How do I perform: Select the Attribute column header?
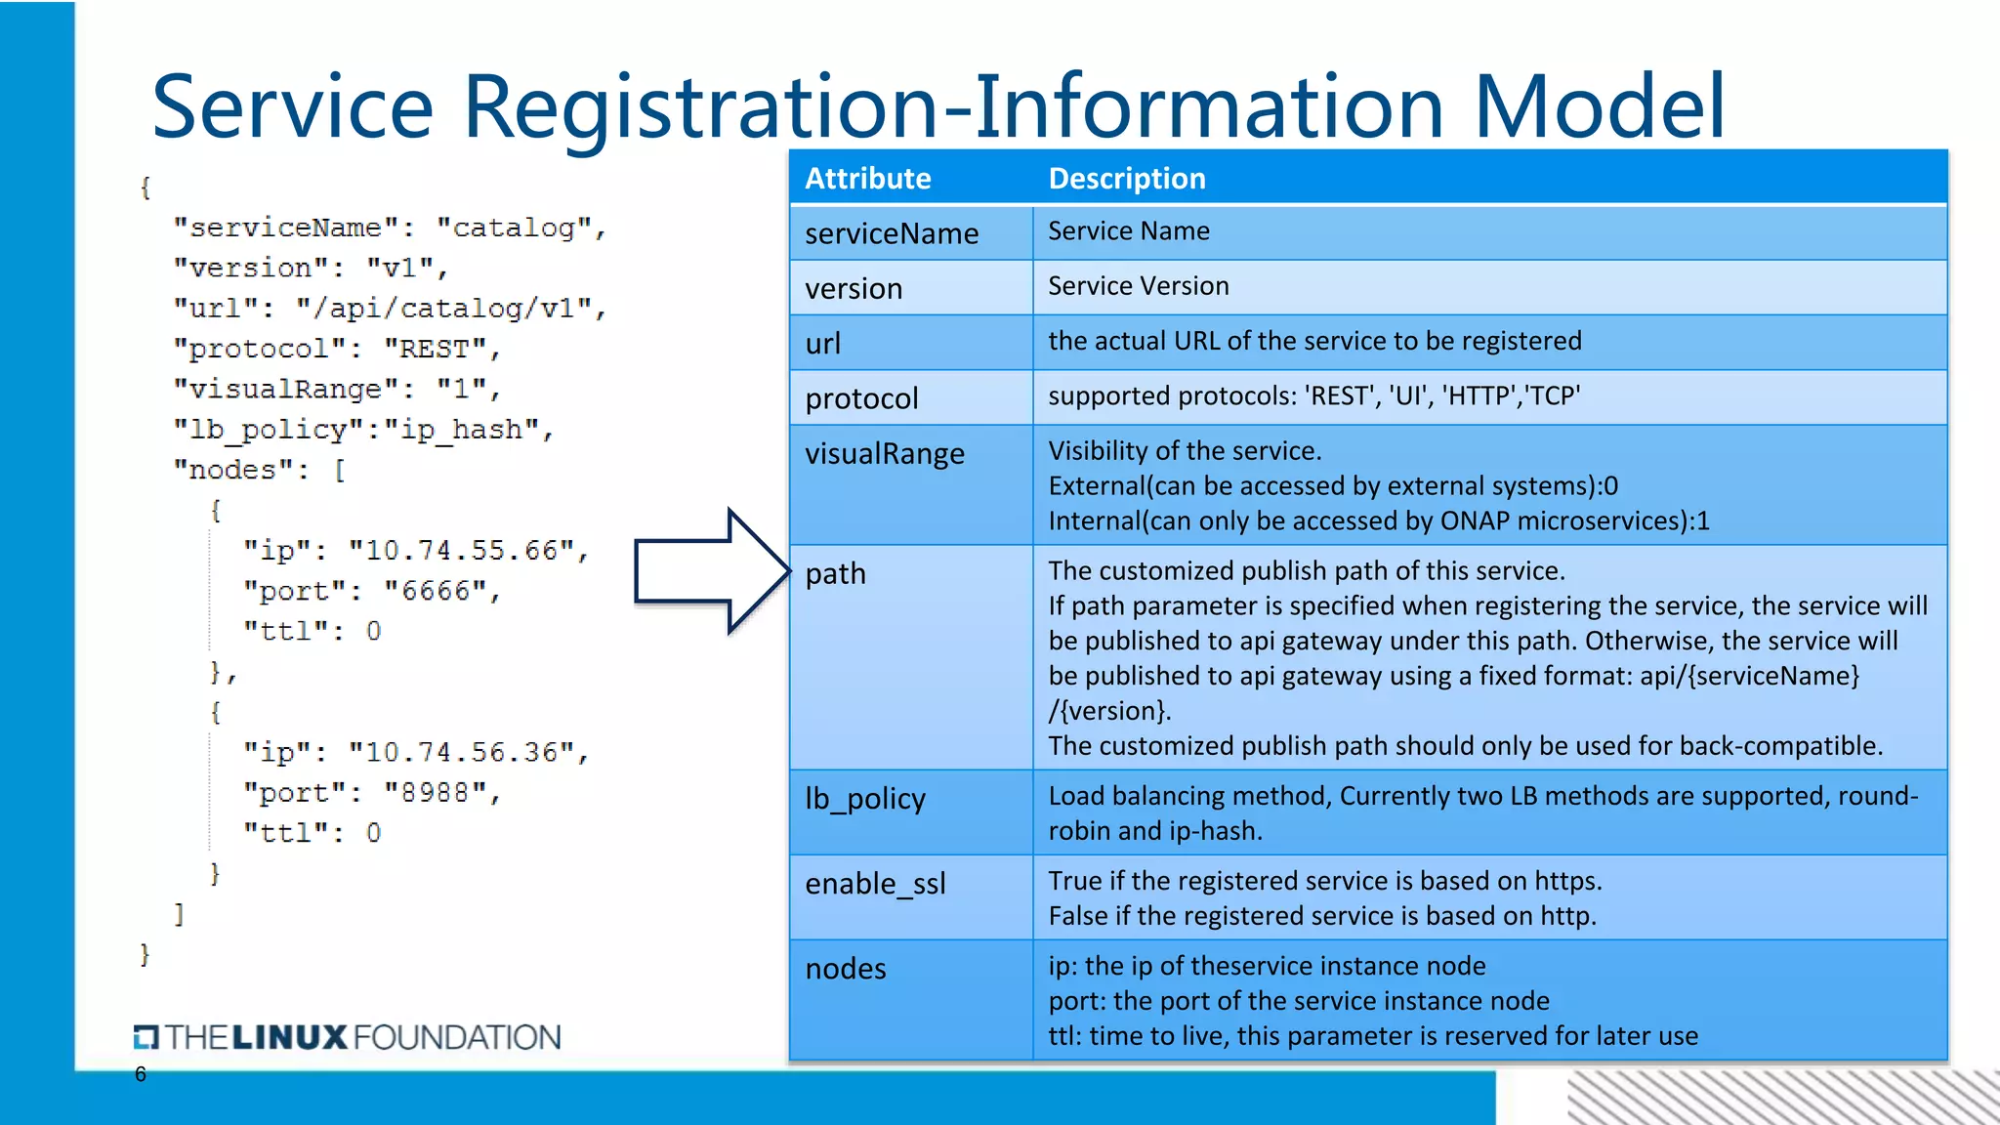click(x=867, y=179)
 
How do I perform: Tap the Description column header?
click(x=1126, y=179)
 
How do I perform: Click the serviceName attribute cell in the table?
click(x=891, y=233)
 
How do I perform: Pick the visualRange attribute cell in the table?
click(x=884, y=453)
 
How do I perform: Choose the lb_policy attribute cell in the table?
click(x=864, y=799)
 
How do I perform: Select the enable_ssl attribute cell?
click(x=875, y=884)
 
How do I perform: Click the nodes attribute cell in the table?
click(x=846, y=969)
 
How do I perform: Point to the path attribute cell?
click(x=835, y=573)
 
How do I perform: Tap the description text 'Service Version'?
click(x=1138, y=286)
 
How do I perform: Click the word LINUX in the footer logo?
click(x=290, y=1037)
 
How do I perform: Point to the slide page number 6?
click(x=141, y=1074)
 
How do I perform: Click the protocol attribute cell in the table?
click(x=861, y=398)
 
